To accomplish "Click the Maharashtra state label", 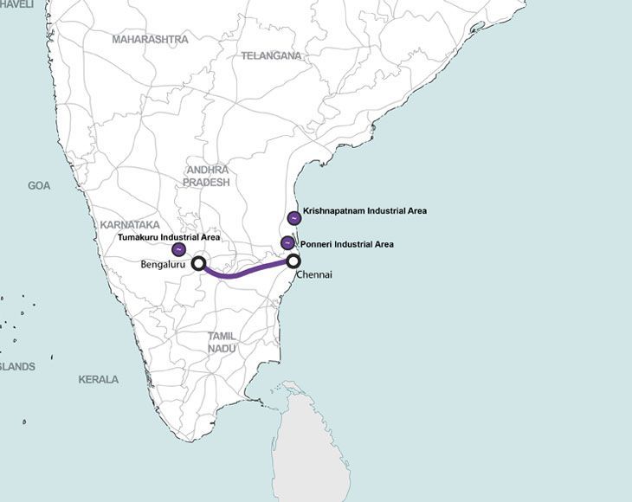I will tap(150, 40).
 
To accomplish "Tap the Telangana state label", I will tap(271, 55).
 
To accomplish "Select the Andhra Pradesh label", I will tap(207, 177).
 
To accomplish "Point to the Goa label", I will tap(39, 185).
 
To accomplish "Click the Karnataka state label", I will tap(130, 224).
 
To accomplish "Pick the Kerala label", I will tap(99, 379).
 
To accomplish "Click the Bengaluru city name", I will tap(163, 266).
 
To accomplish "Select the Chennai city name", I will tap(313, 274).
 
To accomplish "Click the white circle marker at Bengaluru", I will tap(198, 263).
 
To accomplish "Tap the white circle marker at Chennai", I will tap(293, 261).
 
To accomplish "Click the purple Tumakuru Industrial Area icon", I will tap(178, 249).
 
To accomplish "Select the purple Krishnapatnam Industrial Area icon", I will tap(293, 217).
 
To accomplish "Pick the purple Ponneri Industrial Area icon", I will tap(287, 243).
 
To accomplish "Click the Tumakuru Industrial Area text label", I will tap(169, 236).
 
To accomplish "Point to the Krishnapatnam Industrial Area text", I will tap(364, 210).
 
